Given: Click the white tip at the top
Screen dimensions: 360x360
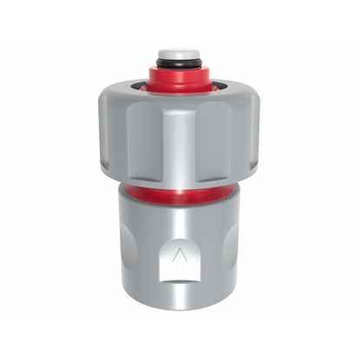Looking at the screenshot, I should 179,53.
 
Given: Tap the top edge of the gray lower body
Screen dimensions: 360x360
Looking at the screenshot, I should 180,202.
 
